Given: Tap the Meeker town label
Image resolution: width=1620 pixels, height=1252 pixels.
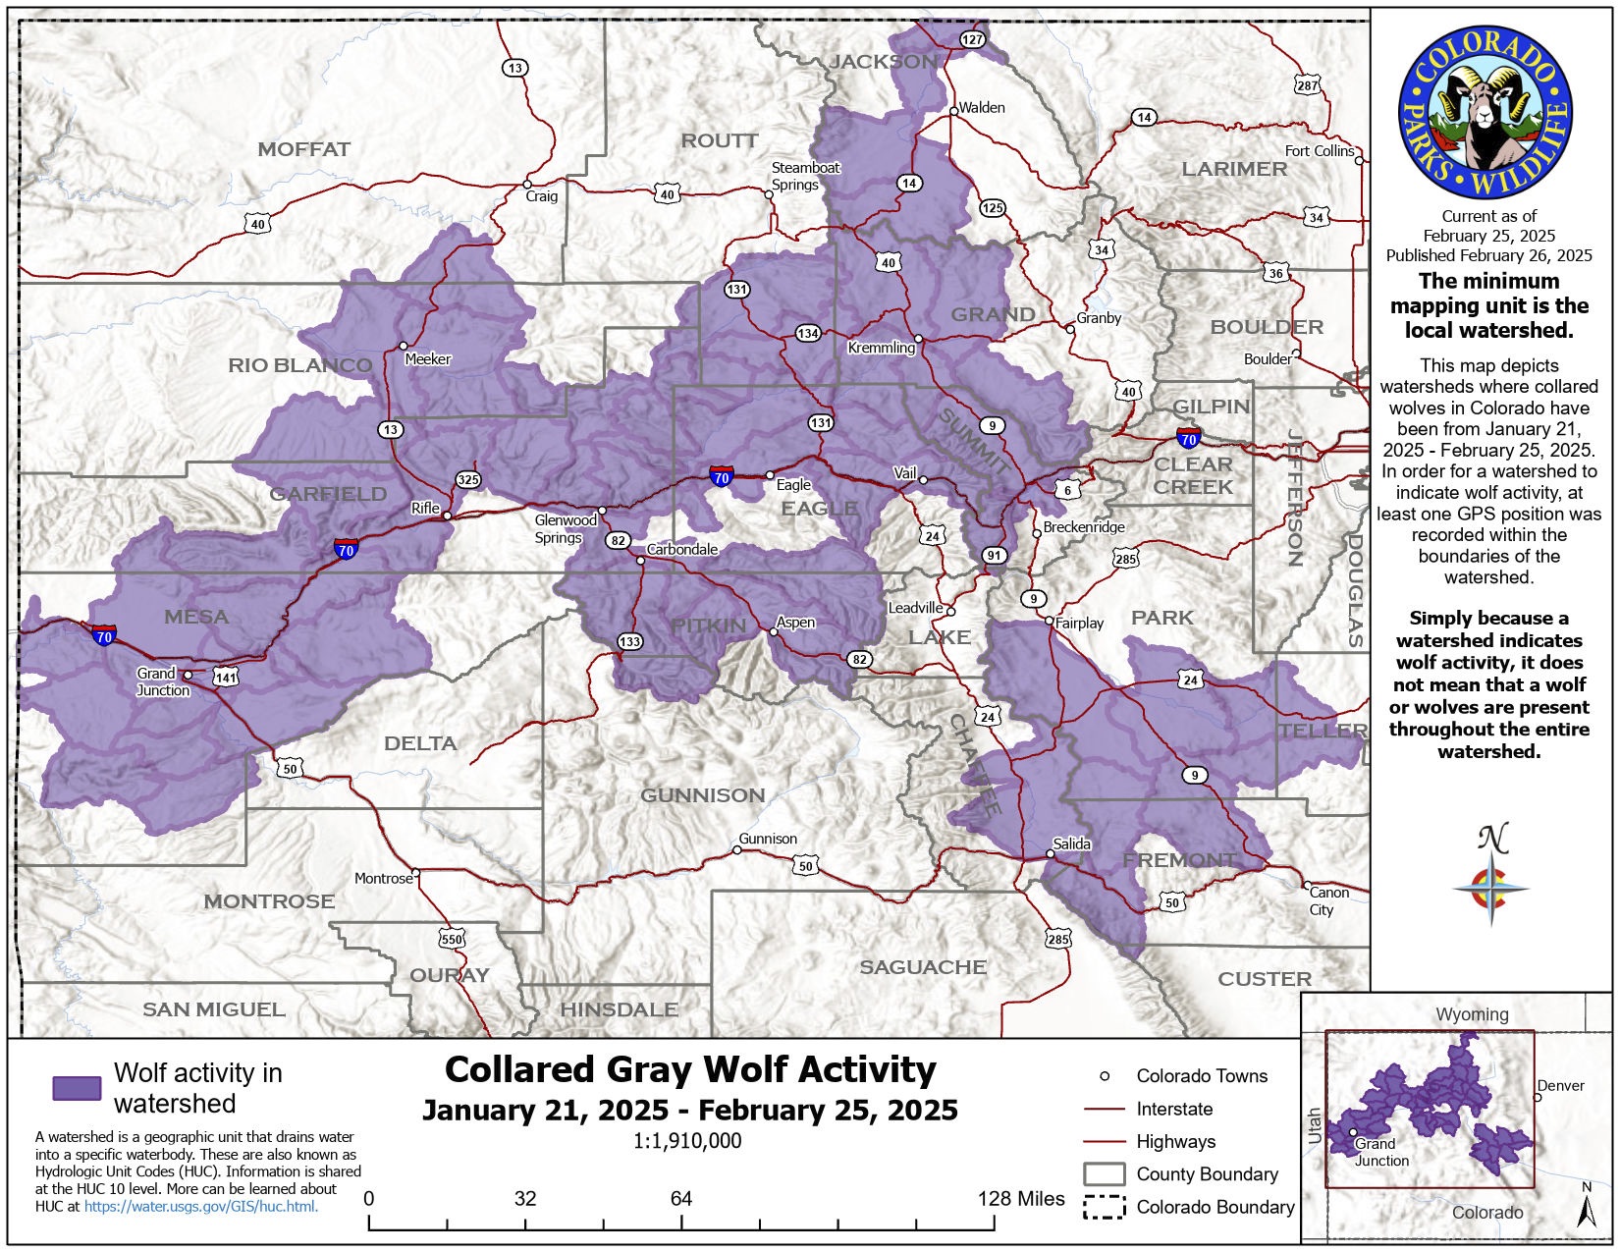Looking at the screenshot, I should pyautogui.click(x=427, y=359).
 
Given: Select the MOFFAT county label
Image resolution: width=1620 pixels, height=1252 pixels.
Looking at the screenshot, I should pyautogui.click(x=303, y=149).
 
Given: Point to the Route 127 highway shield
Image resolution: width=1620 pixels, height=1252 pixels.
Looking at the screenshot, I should pyautogui.click(x=971, y=39).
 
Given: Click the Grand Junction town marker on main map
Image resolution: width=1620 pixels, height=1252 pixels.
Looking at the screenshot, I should pyautogui.click(x=188, y=675).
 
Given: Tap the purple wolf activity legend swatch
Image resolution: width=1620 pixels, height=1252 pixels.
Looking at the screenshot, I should pyautogui.click(x=77, y=1088).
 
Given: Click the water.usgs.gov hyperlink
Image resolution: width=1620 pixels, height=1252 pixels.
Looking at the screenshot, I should pyautogui.click(x=201, y=1207).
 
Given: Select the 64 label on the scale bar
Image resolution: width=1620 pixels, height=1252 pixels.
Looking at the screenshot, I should pyautogui.click(x=680, y=1198).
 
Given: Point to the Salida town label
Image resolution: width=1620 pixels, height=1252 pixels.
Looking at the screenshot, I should pyautogui.click(x=1071, y=844).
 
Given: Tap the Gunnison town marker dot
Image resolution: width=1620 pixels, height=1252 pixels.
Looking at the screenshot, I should pyautogui.click(x=737, y=850).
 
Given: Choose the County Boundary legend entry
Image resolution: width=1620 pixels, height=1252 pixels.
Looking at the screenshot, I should pyautogui.click(x=1207, y=1174).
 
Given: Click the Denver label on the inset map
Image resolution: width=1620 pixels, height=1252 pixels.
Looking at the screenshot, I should pyautogui.click(x=1561, y=1085).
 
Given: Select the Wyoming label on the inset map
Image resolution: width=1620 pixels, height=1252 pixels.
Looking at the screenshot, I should pyautogui.click(x=1472, y=1014).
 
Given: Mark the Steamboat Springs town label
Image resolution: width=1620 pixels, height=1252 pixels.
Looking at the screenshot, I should pyautogui.click(x=805, y=176).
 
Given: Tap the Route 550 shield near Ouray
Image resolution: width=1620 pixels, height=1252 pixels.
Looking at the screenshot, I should pyautogui.click(x=451, y=939).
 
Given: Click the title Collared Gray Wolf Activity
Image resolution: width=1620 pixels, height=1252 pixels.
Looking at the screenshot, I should pyautogui.click(x=690, y=1069).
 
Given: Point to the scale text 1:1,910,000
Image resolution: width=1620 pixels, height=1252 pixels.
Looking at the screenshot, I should pyautogui.click(x=687, y=1141).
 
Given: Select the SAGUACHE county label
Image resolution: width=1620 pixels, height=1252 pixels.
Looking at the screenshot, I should pyautogui.click(x=922, y=967).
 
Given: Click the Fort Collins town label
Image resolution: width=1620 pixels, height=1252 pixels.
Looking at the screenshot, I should pyautogui.click(x=1319, y=150).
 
